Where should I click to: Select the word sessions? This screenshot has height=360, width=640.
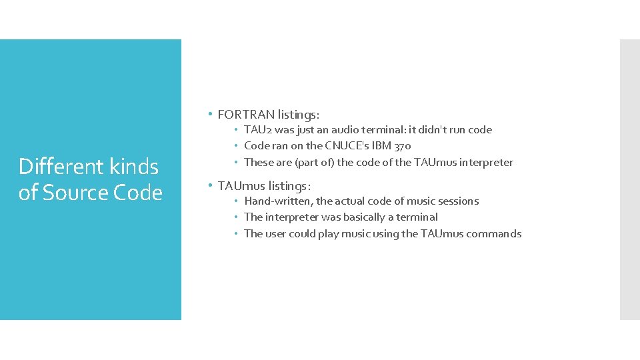click(x=458, y=201)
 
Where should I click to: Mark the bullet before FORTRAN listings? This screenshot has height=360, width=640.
click(x=210, y=113)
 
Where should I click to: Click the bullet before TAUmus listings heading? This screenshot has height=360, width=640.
click(x=210, y=184)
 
